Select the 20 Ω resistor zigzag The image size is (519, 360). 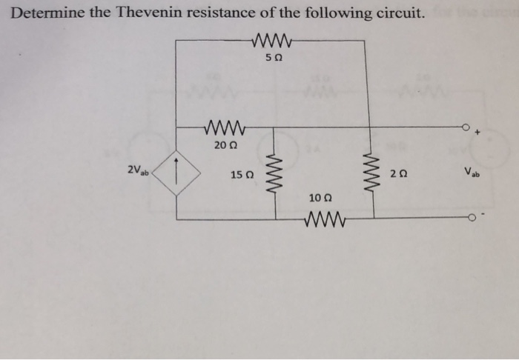click(224, 127)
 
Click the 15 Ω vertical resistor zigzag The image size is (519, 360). click(277, 173)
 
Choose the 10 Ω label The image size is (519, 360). click(320, 198)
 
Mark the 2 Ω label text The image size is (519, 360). click(397, 175)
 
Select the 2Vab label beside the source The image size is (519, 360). click(138, 171)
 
